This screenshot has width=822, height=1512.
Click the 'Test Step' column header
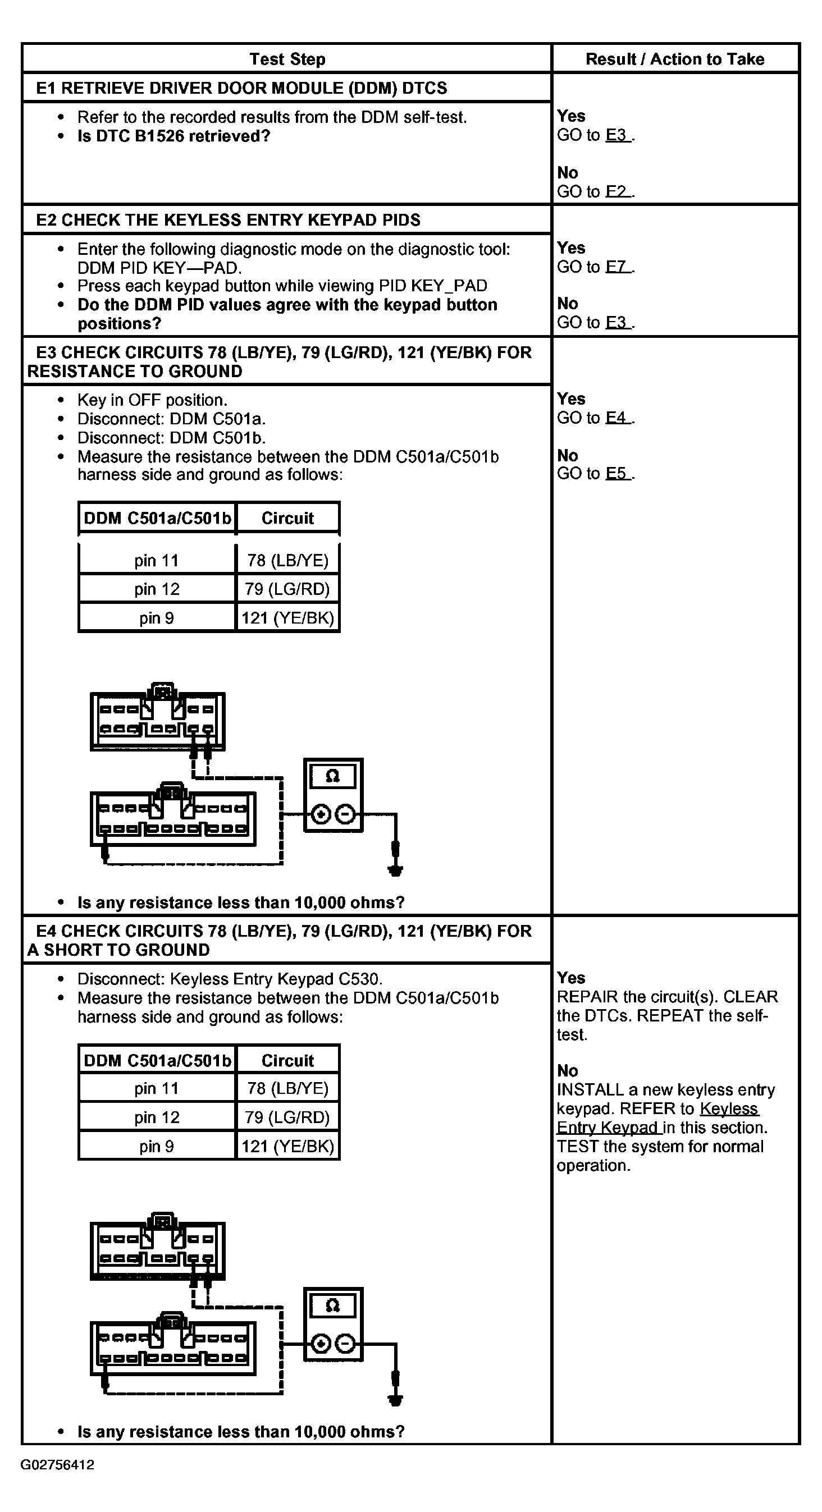287,59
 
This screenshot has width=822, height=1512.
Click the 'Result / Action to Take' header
675,59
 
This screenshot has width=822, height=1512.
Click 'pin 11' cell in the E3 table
156,561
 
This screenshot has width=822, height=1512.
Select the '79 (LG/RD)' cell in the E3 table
287,589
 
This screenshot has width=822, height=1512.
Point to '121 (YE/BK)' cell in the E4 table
287,1146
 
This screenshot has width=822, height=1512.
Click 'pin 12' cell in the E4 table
156,1117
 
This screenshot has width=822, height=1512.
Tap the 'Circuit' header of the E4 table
287,1061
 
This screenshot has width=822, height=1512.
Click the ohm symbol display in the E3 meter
333,777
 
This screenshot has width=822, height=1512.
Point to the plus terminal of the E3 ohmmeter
321,815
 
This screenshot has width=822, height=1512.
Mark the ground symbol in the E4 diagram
396,1399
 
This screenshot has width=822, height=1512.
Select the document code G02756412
57,1464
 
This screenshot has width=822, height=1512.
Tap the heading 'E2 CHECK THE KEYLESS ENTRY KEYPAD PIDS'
229,220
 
